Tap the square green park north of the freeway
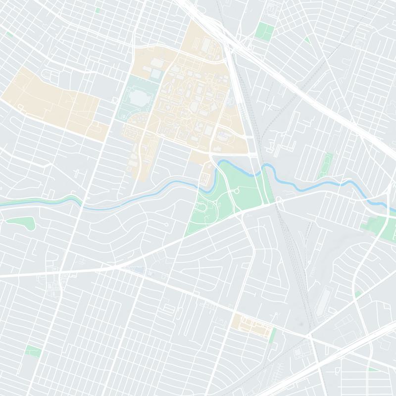[265, 31]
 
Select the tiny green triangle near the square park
[307, 40]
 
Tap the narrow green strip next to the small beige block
[273, 335]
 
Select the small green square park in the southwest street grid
[33, 351]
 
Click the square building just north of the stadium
[156, 74]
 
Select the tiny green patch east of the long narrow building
[357, 295]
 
